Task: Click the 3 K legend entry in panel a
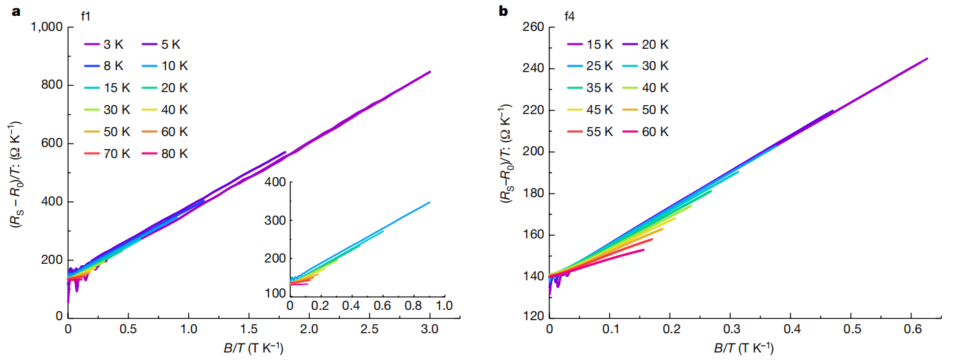pos(104,45)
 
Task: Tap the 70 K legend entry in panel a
pos(104,153)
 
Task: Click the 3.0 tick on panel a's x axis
pos(430,330)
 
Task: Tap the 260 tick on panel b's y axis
pos(534,27)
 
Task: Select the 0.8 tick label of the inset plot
pos(412,304)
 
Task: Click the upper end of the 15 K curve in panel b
pos(927,58)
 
